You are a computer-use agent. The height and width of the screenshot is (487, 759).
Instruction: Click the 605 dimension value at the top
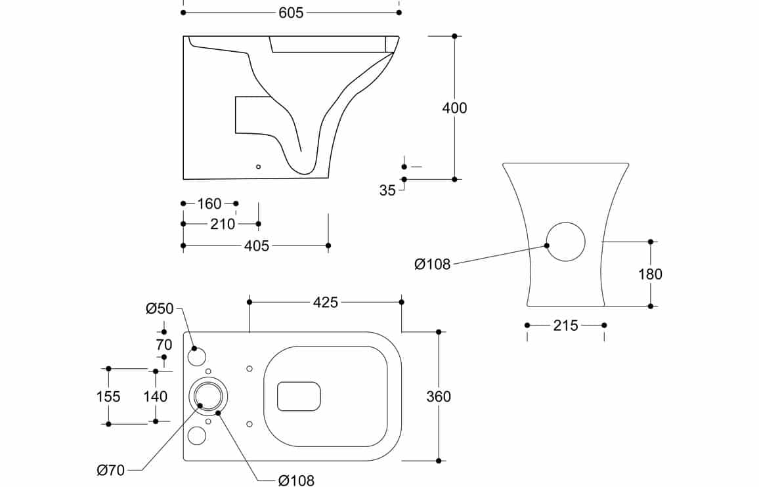pyautogui.click(x=291, y=12)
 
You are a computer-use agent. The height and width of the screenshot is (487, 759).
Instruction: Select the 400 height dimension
pyautogui.click(x=454, y=108)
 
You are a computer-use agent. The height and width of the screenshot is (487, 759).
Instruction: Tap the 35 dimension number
pyautogui.click(x=387, y=191)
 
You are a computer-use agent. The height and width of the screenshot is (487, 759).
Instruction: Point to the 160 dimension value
pyautogui.click(x=209, y=204)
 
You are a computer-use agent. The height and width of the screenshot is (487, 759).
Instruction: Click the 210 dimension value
pyautogui.click(x=222, y=224)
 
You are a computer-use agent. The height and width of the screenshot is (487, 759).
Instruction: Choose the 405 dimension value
pyautogui.click(x=257, y=246)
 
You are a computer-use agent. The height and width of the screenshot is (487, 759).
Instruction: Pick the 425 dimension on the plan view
pyautogui.click(x=325, y=303)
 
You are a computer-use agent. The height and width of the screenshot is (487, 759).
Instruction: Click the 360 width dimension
pyautogui.click(x=439, y=396)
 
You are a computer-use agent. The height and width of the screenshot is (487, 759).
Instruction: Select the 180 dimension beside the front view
pyautogui.click(x=650, y=274)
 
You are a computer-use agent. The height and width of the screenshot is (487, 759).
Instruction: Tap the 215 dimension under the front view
pyautogui.click(x=566, y=326)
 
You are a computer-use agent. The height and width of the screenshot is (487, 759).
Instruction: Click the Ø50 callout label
pyautogui.click(x=160, y=308)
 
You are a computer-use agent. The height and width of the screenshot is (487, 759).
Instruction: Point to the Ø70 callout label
pyautogui.click(x=111, y=470)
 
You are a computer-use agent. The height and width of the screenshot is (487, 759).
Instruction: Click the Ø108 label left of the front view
pyautogui.click(x=432, y=265)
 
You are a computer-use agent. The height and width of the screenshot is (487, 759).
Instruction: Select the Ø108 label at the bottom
pyautogui.click(x=297, y=480)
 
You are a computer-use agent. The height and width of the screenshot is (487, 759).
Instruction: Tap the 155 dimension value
pyautogui.click(x=108, y=396)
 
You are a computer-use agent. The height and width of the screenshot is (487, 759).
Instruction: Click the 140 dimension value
pyautogui.click(x=156, y=396)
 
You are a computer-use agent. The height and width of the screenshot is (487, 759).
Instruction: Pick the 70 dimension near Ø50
pyautogui.click(x=164, y=345)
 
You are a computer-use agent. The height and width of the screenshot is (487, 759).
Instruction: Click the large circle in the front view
pyautogui.click(x=566, y=222)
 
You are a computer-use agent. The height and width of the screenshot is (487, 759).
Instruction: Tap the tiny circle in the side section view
pyautogui.click(x=259, y=167)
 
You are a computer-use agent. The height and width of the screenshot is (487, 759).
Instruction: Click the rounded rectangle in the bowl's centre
pyautogui.click(x=299, y=383)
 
